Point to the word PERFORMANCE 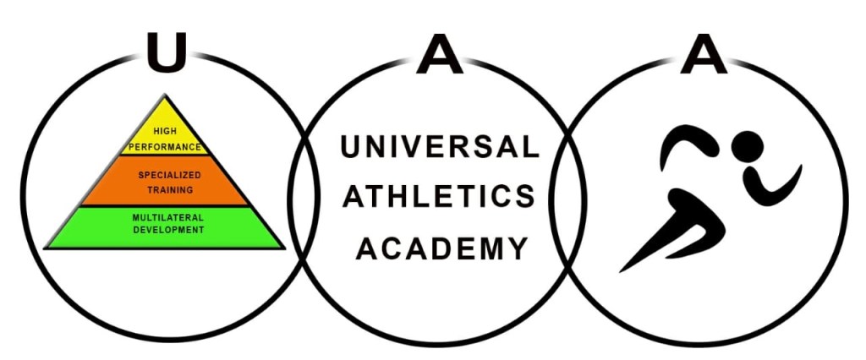click(165, 146)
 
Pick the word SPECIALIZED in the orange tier click(166, 173)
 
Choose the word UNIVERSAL click(439, 147)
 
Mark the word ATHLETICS click(439, 197)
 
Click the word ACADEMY click(439, 248)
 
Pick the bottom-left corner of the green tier click(47, 247)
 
